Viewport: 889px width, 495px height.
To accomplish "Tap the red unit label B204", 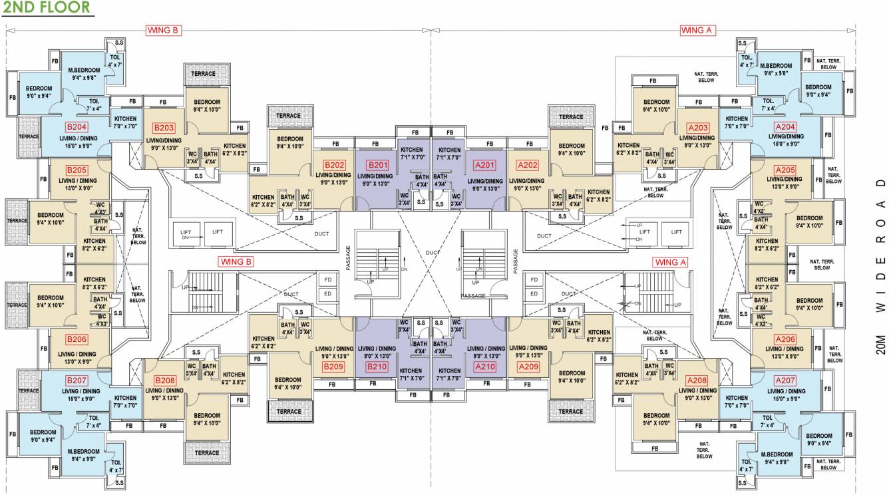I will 76,126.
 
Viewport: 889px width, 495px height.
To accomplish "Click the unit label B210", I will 377,367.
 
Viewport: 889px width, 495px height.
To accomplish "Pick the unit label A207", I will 785,381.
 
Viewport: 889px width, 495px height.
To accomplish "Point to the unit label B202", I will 334,165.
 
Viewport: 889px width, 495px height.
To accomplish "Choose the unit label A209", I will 528,367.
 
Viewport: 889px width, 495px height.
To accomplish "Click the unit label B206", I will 77,339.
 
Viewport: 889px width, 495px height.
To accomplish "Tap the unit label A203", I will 698,128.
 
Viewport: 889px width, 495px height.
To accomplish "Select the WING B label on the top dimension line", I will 164,30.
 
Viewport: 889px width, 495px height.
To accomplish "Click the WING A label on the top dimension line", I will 697,30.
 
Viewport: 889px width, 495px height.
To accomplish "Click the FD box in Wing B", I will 327,279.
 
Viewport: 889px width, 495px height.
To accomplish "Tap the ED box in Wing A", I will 534,293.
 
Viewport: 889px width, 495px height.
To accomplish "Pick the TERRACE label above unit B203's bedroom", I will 204,74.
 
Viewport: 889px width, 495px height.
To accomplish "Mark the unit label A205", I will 785,170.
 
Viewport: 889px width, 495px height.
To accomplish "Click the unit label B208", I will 164,381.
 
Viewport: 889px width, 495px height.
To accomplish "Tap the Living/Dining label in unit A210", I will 485,352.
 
